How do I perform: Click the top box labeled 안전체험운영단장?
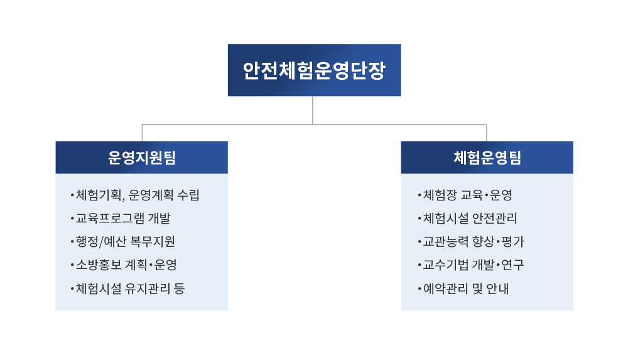point(315,70)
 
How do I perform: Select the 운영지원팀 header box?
point(142,157)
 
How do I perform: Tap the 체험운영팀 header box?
point(487,157)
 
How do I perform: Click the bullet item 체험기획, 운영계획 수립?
point(134,195)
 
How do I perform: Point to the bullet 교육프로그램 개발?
point(121,219)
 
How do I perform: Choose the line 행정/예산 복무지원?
point(122,242)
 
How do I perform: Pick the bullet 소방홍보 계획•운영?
point(123,265)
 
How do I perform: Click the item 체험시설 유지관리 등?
point(127,288)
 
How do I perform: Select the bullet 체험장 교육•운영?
point(465,195)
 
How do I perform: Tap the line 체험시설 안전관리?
point(467,219)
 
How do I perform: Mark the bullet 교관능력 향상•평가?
point(470,242)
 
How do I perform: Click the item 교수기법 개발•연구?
point(470,265)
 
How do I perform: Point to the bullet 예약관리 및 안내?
point(463,288)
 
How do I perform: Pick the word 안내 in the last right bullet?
point(497,288)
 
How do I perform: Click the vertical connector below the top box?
point(312,110)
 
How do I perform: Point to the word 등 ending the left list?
point(180,288)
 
